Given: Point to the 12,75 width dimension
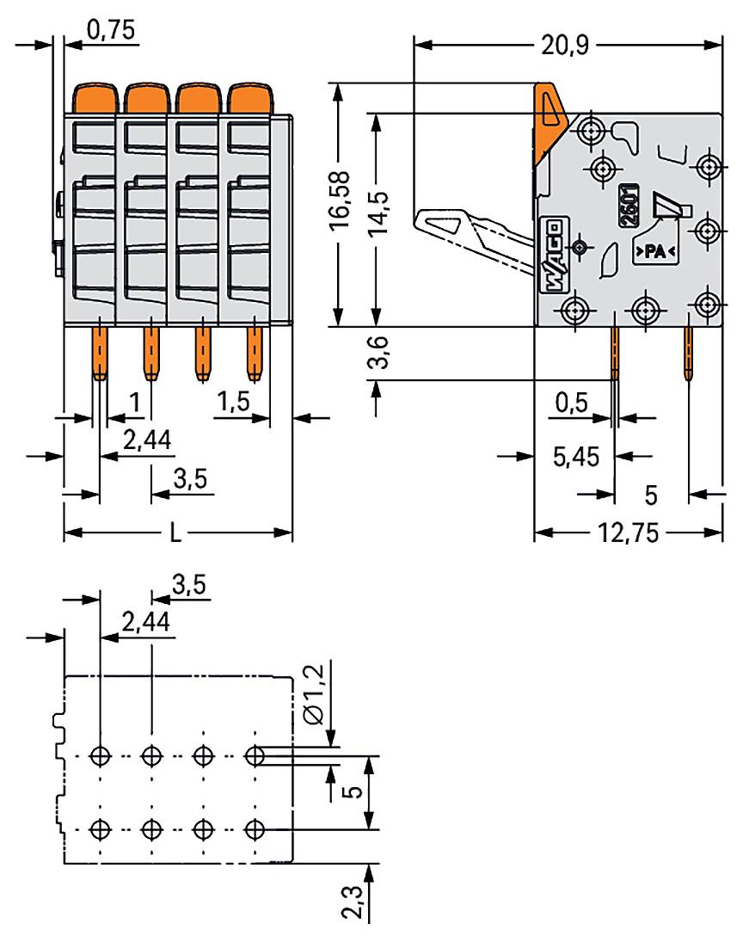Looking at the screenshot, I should (628, 533).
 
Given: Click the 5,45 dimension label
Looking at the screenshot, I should (575, 456).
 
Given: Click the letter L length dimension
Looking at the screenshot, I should (175, 533).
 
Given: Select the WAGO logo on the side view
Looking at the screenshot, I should (551, 256).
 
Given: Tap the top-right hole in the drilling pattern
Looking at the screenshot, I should (255, 756).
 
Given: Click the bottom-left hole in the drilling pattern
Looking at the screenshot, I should (101, 830).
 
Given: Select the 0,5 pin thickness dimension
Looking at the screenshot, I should (572, 403).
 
